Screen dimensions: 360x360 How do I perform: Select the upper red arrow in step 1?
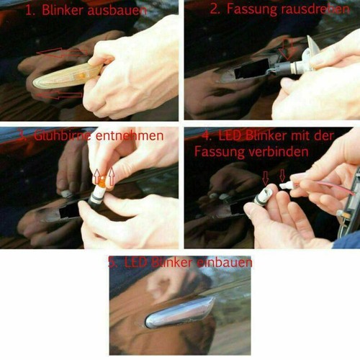point(61,54)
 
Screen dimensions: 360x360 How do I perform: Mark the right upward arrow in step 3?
point(111,176)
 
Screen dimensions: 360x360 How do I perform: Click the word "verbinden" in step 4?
point(264,152)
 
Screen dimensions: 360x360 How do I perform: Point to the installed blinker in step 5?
point(180,310)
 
